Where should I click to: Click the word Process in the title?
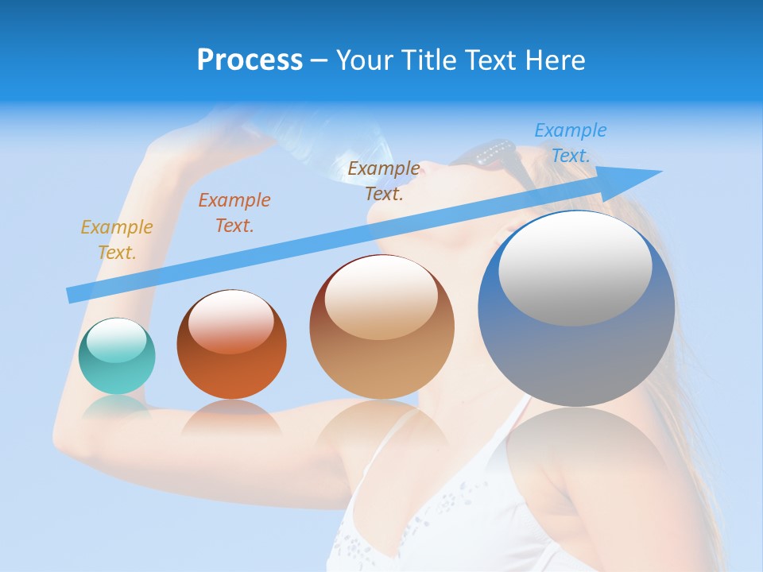(250, 60)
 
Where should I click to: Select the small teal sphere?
(117, 356)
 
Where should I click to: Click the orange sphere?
(231, 345)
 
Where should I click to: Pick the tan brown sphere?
(381, 327)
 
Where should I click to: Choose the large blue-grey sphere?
(576, 309)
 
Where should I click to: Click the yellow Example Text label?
(117, 239)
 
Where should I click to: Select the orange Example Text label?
(234, 212)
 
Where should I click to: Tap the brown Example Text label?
(384, 180)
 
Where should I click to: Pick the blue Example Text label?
(571, 142)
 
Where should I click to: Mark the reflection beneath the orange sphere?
(231, 418)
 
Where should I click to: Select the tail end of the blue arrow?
(73, 295)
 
